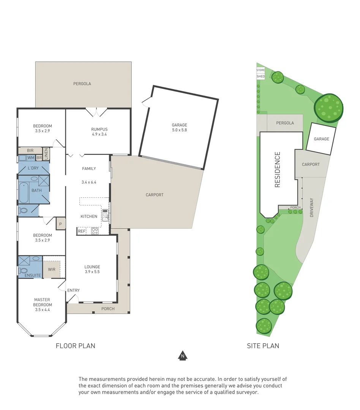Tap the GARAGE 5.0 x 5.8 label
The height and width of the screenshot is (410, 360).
click(179, 128)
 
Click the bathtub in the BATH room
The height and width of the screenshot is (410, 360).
click(24, 193)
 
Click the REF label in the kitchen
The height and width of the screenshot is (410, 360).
click(82, 231)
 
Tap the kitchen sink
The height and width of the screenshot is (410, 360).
click(105, 215)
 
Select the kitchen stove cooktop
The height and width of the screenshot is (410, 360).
click(95, 230)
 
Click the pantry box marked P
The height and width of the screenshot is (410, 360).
click(60, 224)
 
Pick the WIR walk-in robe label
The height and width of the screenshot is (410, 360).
click(52, 269)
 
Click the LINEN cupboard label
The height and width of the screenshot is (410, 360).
click(46, 153)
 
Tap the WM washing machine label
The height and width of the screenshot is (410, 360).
click(31, 158)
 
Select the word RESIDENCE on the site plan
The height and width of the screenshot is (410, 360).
click(277, 170)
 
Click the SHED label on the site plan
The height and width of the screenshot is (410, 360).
click(261, 76)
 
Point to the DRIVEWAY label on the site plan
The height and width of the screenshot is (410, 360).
click(312, 207)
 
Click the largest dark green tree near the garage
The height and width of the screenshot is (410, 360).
click(328, 107)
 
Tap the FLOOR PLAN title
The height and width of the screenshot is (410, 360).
click(75, 345)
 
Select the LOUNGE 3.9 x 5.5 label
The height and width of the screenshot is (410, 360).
click(92, 269)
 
